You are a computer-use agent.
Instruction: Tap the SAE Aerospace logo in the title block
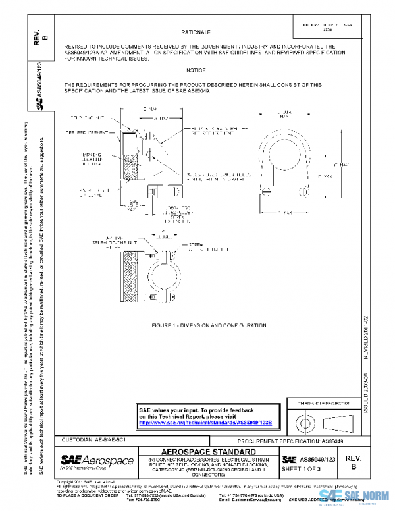pyautogui.click(x=97, y=461)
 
